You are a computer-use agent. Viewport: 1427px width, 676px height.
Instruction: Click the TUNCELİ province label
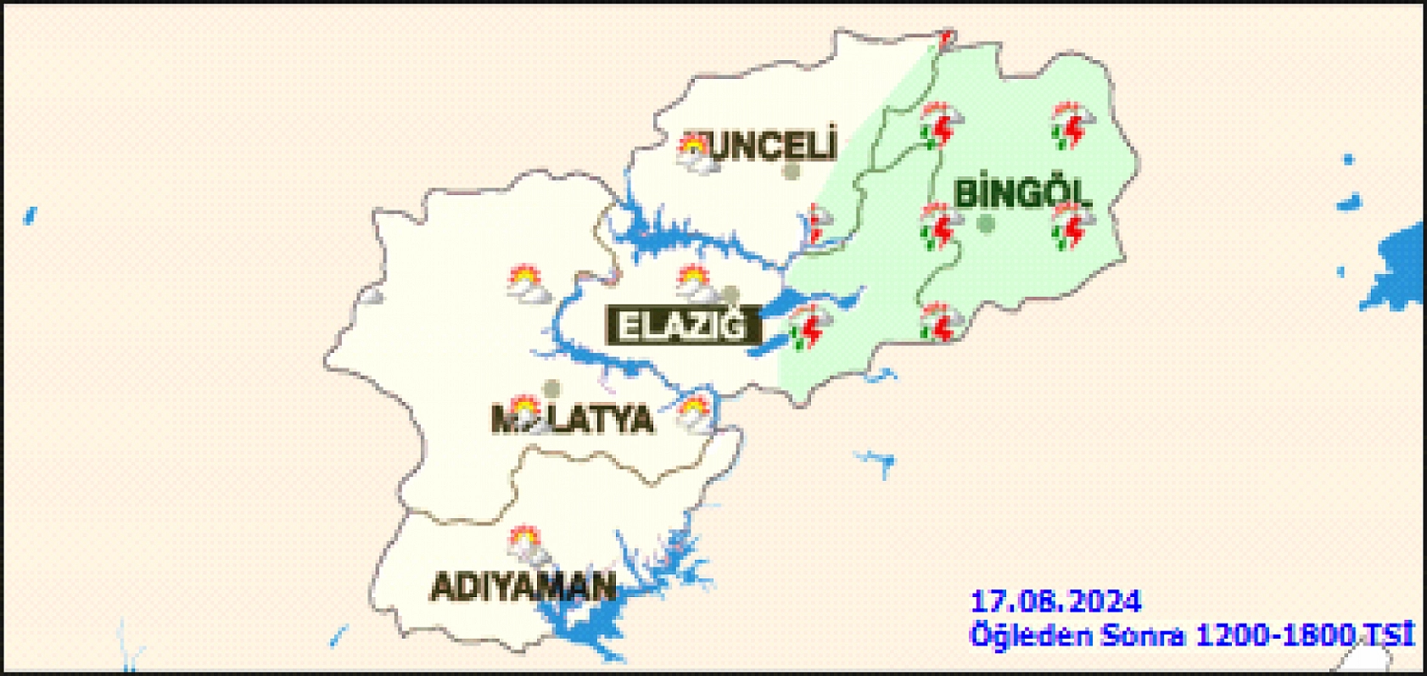pos(768,146)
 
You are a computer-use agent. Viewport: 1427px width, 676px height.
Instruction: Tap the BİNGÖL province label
pos(1021,194)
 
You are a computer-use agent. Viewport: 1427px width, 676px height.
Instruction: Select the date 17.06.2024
pos(1055,601)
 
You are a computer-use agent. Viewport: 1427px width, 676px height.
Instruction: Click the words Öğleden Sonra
pos(1077,635)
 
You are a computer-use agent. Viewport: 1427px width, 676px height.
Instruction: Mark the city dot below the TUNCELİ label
pos(792,172)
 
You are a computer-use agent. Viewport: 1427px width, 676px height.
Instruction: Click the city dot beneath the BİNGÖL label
pos(986,225)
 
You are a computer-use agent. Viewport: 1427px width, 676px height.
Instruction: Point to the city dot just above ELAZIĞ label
pos(730,294)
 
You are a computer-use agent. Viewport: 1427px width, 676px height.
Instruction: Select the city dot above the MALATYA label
pos(552,388)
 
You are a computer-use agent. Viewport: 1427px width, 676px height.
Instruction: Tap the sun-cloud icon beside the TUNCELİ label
pos(695,154)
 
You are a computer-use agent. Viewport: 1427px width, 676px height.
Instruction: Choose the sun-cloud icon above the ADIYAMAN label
pos(526,545)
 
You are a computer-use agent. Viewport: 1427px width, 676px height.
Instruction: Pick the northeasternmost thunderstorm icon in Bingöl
pos(1072,126)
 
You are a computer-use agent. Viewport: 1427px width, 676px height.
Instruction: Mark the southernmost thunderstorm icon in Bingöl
pos(940,322)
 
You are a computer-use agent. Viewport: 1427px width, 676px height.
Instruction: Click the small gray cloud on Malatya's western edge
pos(371,295)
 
